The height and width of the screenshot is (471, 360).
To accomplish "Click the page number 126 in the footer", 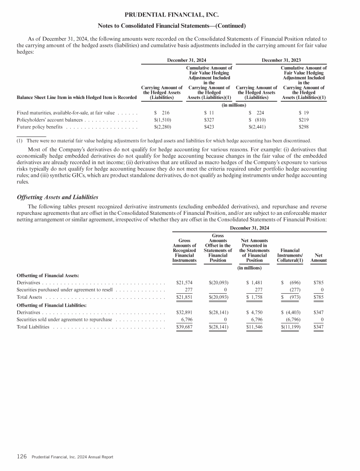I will pos(22,456).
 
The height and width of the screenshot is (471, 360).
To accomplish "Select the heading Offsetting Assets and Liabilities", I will pos(57,197).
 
